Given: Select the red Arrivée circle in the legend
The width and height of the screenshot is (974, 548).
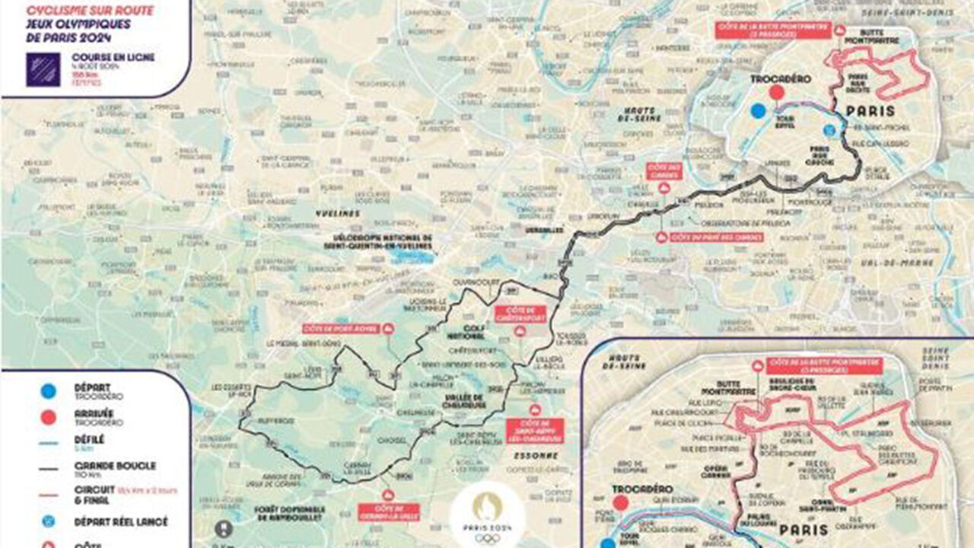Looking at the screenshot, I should click(x=48, y=416).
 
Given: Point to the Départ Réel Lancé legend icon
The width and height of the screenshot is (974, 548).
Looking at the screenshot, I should click(x=48, y=522).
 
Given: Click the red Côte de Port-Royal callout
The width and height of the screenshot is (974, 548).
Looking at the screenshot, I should click(x=343, y=329).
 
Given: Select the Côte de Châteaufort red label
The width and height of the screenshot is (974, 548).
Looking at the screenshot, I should click(x=520, y=314).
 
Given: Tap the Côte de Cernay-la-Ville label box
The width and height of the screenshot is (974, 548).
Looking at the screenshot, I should click(x=389, y=511).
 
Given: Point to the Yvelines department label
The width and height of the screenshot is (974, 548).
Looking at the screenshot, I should click(x=338, y=214).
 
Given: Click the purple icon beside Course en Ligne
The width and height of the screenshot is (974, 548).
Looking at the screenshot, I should click(x=43, y=68).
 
